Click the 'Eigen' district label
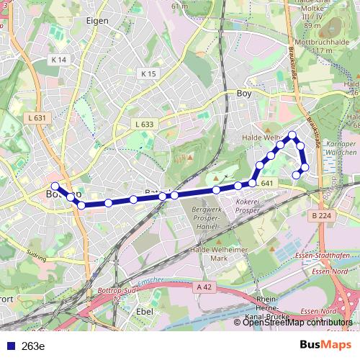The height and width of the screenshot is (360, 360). (x=97, y=21)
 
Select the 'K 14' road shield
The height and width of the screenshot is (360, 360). (x=59, y=60)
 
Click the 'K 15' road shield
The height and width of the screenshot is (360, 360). (x=148, y=73)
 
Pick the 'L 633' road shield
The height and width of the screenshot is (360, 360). (x=144, y=124)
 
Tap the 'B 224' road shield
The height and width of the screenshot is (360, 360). (x=325, y=215)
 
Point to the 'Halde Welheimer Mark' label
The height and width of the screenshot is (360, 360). (x=218, y=253)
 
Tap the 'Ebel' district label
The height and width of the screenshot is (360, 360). (x=145, y=311)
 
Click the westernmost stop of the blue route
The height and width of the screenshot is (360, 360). (x=55, y=186)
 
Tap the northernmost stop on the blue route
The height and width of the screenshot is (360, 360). (x=292, y=135)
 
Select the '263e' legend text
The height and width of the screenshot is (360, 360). (x=33, y=346)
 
